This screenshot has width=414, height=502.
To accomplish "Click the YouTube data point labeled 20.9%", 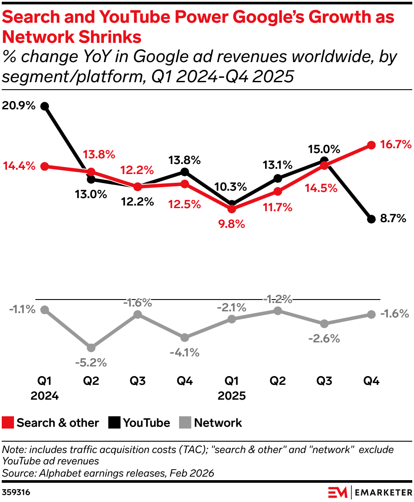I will tap(44, 106).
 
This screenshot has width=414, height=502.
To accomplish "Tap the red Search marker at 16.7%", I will tap(371, 145).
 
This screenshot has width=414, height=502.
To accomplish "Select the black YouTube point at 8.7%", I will tap(371, 219).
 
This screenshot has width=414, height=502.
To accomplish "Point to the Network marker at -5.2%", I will tap(91, 348).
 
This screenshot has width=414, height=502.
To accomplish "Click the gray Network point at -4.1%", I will tap(185, 338).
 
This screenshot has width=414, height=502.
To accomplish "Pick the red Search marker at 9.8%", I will tap(232, 209).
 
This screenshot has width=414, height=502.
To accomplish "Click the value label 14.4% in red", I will tap(19, 167).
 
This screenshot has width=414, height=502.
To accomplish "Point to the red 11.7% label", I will tap(277, 207).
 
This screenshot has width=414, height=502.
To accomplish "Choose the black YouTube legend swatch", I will tap(114, 423).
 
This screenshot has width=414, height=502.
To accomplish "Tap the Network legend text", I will tap(218, 423).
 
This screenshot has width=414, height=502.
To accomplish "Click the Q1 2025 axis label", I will tap(231, 388).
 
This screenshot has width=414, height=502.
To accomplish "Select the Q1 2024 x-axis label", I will tap(44, 388).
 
